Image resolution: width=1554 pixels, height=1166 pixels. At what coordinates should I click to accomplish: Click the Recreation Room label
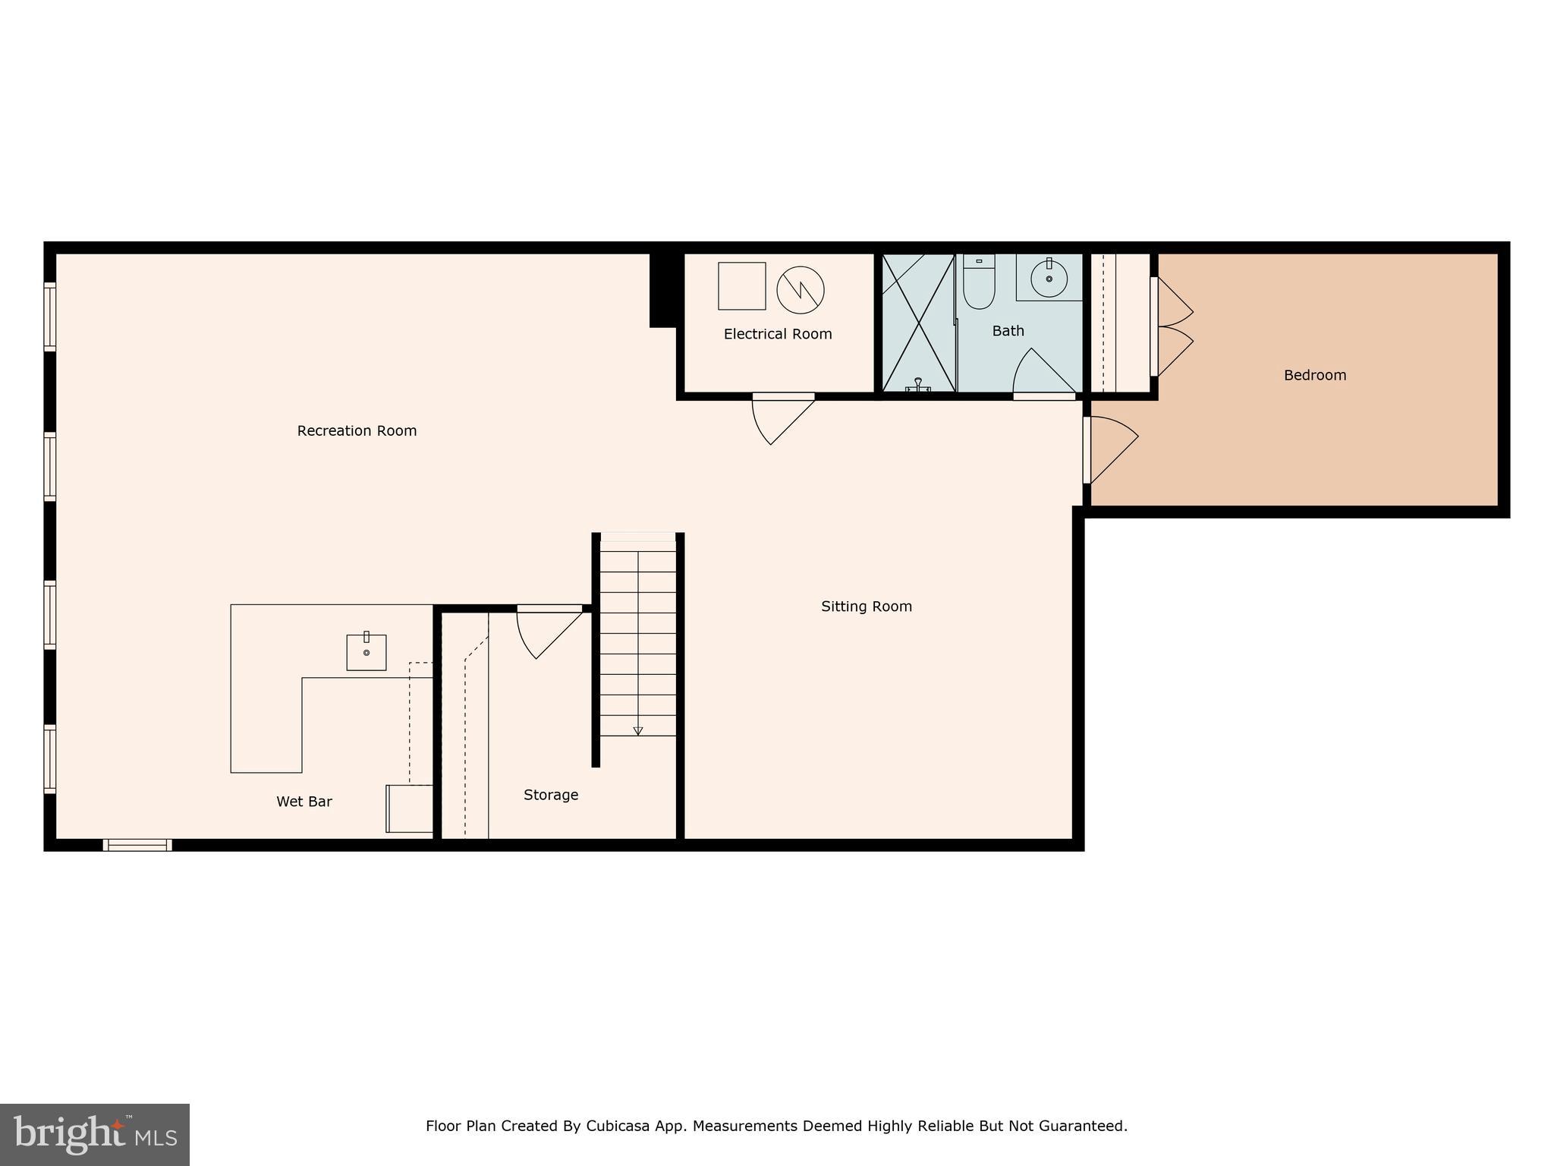coord(357,431)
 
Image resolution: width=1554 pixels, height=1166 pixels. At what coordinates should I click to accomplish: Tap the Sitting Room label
coord(866,607)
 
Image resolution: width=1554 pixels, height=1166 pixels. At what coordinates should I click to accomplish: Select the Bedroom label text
coord(1314,375)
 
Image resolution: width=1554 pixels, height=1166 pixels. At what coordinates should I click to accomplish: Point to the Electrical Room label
coord(777,334)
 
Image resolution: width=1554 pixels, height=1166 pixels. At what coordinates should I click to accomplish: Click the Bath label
coord(1008,331)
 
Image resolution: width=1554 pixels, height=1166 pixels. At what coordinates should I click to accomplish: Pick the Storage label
coord(551,795)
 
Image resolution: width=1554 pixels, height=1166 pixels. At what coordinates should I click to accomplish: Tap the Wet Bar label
coord(304,802)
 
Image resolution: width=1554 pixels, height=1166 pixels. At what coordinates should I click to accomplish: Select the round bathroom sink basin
coord(1049,278)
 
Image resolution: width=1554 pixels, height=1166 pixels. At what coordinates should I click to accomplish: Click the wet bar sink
coord(366,652)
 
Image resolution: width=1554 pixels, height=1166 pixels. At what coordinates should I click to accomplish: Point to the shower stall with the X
coord(918,323)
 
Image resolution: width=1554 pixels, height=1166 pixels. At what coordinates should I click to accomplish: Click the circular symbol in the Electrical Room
coord(800,289)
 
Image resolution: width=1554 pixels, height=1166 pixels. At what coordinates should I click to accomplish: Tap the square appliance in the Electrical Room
coord(741,286)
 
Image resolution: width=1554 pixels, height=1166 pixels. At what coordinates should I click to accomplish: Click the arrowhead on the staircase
coord(638,731)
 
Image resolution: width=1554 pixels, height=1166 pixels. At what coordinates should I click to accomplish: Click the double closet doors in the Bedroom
coord(1172,326)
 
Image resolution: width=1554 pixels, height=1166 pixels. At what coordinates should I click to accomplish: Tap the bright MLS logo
coord(95,1134)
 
